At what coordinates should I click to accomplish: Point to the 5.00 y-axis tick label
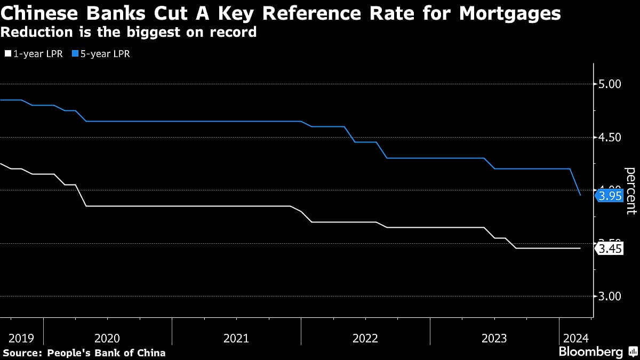coord(610,84)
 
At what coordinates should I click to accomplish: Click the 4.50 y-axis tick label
coord(610,138)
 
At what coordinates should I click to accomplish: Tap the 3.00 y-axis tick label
coord(610,297)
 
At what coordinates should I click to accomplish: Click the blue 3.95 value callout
coord(610,196)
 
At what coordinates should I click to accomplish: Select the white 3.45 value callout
coord(610,249)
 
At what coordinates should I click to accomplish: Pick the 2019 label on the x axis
coord(21,338)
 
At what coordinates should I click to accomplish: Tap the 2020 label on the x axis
coord(107,338)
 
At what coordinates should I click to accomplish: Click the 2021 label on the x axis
coord(236,338)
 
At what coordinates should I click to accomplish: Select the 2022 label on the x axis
coord(365,338)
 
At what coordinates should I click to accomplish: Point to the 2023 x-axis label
coord(494,338)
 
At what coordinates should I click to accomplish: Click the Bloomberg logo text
coord(590,352)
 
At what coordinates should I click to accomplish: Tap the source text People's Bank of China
coord(106,353)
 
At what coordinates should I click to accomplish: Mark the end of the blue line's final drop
coord(580,195)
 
